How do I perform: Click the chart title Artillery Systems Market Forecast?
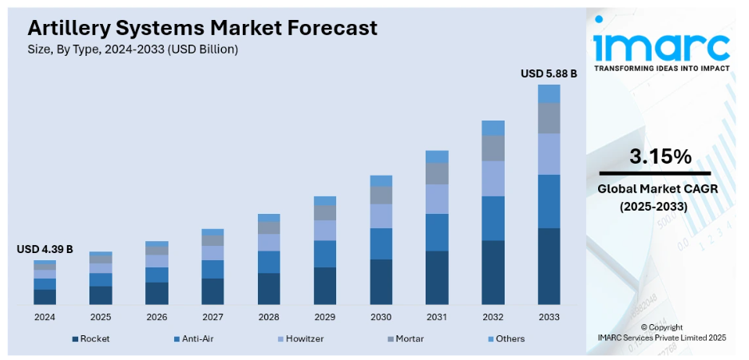(202, 28)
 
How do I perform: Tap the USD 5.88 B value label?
(549, 73)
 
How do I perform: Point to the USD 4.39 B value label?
(45, 250)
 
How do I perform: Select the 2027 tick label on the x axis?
(212, 316)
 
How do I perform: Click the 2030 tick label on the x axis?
(381, 316)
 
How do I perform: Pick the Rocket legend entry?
(90, 338)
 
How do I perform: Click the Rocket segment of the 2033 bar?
(549, 266)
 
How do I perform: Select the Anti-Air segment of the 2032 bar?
(493, 218)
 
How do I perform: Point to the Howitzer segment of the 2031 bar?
(437, 199)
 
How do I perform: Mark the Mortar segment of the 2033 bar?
(549, 118)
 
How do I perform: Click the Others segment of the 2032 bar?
(493, 128)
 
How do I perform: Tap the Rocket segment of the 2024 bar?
(45, 296)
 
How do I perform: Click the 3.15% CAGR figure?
(660, 156)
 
